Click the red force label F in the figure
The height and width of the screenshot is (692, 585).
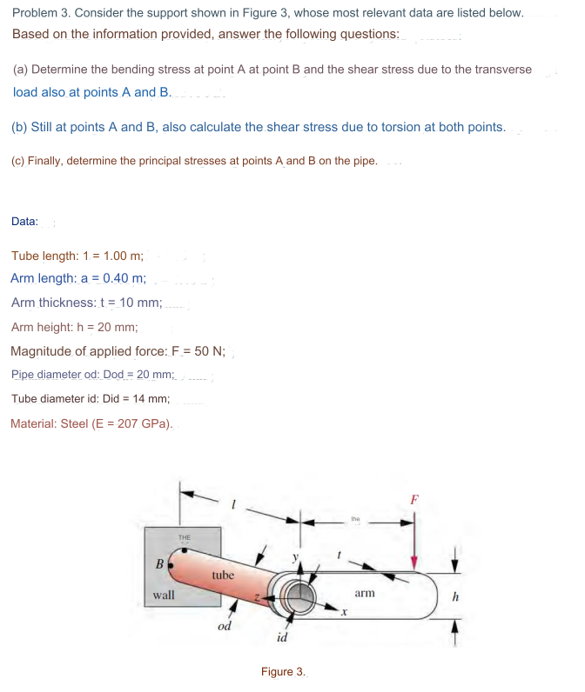click(x=414, y=499)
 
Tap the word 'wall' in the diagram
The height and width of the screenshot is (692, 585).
click(x=163, y=596)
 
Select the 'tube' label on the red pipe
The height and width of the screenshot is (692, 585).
click(x=223, y=575)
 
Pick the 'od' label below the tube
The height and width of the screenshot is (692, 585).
click(x=224, y=626)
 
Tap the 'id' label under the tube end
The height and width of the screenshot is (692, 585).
click(x=281, y=639)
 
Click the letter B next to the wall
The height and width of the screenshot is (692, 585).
click(x=158, y=563)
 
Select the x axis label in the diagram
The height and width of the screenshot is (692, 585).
click(x=344, y=614)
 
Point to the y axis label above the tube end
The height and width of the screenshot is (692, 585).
click(x=295, y=556)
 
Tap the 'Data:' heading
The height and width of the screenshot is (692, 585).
click(x=24, y=221)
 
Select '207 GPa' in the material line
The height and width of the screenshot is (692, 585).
click(x=147, y=423)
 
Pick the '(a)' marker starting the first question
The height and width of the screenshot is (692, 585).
click(x=20, y=69)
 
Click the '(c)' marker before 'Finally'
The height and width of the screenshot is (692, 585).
click(x=17, y=161)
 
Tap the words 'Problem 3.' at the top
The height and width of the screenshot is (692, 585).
click(x=41, y=13)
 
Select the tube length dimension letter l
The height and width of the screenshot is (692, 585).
click(x=232, y=502)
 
